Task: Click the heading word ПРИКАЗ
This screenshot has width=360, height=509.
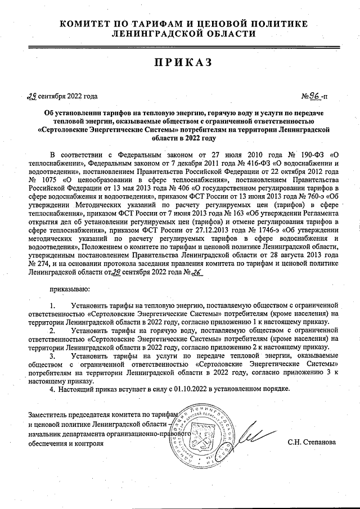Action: coord(179,62)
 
